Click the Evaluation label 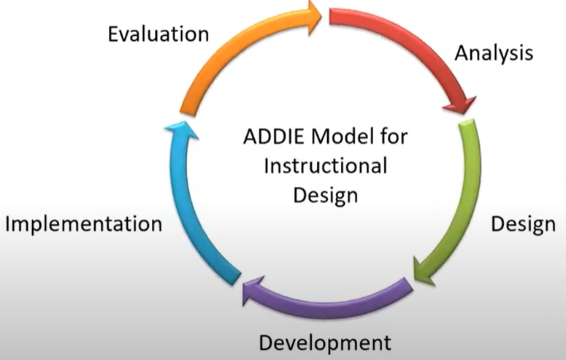coord(158,34)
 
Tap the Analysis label coord(494,53)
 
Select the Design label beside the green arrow coord(523,225)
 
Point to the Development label coord(325,342)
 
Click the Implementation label coord(84,224)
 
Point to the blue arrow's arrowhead coord(182,129)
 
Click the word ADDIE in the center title coord(274,137)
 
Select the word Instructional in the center coord(326,166)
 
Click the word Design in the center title coord(326,196)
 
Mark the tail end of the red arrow coord(330,17)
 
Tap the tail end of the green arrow coord(467,123)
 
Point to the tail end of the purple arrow coord(408,285)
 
